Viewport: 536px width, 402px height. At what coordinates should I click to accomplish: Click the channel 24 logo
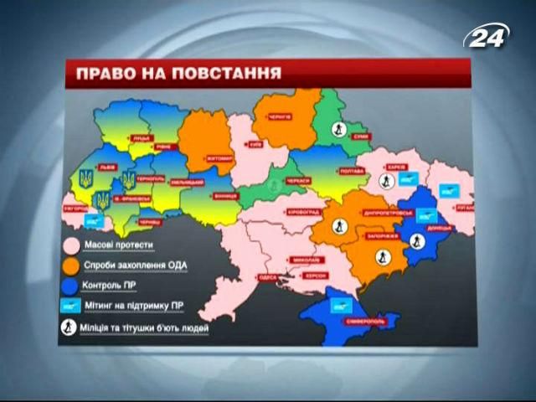[487, 34]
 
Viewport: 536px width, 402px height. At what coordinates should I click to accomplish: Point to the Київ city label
[255, 144]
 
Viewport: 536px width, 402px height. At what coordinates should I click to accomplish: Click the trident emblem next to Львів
[85, 178]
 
